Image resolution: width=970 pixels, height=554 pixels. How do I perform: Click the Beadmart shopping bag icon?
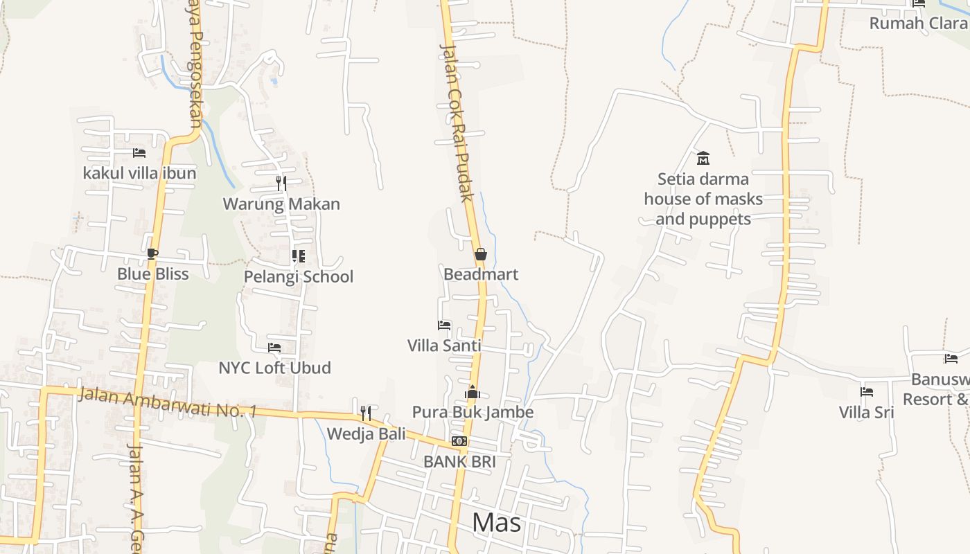coord(481,255)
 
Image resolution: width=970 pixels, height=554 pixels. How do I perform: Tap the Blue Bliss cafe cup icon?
coord(152,254)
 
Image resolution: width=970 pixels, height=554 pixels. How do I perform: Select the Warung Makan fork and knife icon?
coord(281,184)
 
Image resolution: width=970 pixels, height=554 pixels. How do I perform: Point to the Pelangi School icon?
coord(299,257)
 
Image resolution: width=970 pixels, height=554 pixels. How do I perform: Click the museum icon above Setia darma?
coord(703,159)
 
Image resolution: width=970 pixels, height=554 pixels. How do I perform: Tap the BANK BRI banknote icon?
coord(459,441)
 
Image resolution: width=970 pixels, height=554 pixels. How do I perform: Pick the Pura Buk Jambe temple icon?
coord(473,393)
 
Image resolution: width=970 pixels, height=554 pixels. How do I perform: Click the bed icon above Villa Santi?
coord(444,325)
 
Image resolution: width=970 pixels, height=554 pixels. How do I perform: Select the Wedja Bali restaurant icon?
coord(366,413)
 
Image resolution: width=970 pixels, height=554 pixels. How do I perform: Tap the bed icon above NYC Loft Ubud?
coord(274,348)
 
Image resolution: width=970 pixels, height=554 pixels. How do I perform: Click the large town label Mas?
coord(496,523)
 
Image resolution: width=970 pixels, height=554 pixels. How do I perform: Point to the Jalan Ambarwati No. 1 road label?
coord(168,402)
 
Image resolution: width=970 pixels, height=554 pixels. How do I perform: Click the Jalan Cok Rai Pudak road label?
coord(457,123)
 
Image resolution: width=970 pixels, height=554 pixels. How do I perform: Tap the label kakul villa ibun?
coord(139,173)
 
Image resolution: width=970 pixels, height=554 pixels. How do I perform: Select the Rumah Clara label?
coord(919,24)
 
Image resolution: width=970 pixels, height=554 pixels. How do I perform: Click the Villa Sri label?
coord(866,413)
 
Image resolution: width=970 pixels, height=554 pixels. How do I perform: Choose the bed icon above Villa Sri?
coord(867,392)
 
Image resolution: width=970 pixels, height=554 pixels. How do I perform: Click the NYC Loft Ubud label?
coord(274,368)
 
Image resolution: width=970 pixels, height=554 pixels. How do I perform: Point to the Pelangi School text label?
coord(299,277)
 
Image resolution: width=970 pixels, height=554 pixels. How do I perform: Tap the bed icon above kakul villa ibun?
coord(139,153)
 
